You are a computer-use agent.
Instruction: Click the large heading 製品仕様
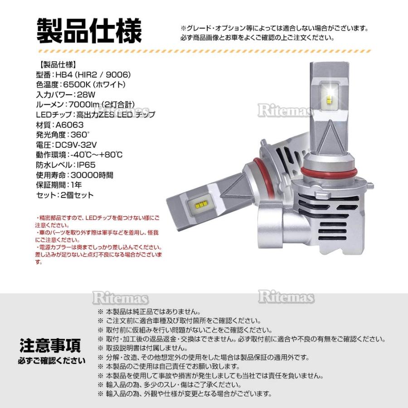89,31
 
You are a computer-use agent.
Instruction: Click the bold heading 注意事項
50,345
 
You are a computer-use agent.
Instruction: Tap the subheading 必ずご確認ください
51,361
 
